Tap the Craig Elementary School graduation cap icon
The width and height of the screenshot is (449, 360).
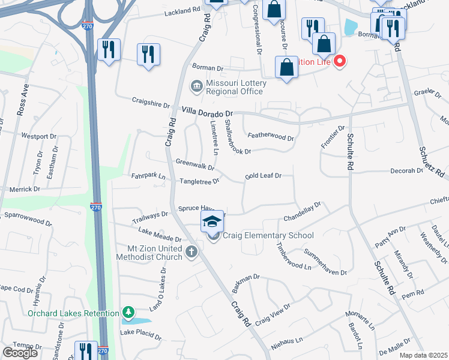pyautogui.click(x=211, y=222)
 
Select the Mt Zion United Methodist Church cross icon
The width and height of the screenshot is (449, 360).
pyautogui.click(x=191, y=251)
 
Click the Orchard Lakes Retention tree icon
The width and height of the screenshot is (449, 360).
pyautogui.click(x=128, y=313)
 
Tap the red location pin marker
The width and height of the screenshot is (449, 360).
pyautogui.click(x=340, y=61)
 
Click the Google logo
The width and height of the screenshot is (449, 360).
pyautogui.click(x=20, y=352)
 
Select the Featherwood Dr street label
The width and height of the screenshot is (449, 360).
pyautogui.click(x=270, y=137)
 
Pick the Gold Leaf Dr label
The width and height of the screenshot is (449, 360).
pyautogui.click(x=268, y=176)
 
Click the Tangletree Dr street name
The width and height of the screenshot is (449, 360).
pyautogui.click(x=199, y=181)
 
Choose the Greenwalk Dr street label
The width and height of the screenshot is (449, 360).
pyautogui.click(x=195, y=163)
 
